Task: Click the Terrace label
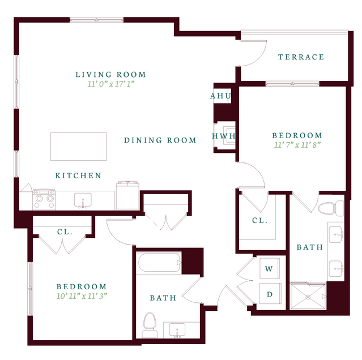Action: [x=301, y=57]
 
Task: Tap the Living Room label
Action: [x=111, y=75]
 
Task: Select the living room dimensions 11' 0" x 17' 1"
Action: [x=111, y=84]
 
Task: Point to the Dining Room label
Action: [x=160, y=140]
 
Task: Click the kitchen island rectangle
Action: [x=79, y=147]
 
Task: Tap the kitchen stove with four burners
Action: [x=44, y=199]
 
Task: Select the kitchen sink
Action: [x=83, y=200]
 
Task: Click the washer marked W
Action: [x=270, y=269]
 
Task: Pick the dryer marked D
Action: [x=270, y=294]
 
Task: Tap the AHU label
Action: [x=220, y=96]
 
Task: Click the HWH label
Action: [x=224, y=136]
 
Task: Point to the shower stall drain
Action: [x=308, y=297]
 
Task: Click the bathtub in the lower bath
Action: [x=159, y=263]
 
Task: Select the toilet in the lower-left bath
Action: [x=150, y=325]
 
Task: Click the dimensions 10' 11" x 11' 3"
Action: [x=82, y=296]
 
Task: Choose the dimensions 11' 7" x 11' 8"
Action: [x=297, y=145]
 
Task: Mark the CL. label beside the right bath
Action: [x=259, y=221]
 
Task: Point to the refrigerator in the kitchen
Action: [x=127, y=196]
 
